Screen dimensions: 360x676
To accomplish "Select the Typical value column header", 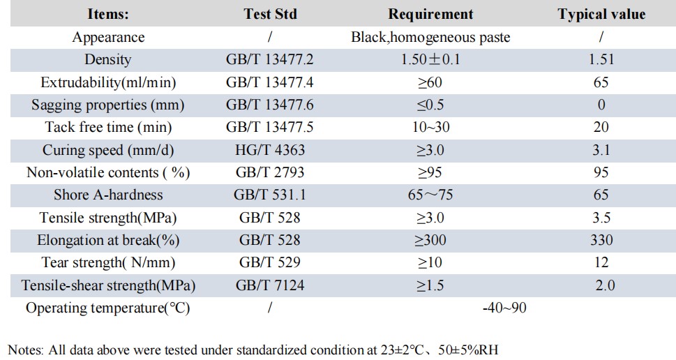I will [601, 14].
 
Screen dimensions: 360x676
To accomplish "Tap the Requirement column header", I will [430, 14].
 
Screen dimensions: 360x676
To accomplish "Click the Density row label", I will [107, 60].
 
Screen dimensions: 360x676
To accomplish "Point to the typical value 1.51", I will [601, 60].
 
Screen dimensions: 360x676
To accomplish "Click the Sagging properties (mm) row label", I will [107, 105].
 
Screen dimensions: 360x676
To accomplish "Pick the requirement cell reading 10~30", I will [430, 128].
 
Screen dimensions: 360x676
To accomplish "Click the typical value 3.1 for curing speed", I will [601, 150].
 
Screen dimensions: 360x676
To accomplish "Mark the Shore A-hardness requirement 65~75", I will [430, 195].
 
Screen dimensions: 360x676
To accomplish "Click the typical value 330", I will [601, 240].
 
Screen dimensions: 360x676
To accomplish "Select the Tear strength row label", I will [107, 263].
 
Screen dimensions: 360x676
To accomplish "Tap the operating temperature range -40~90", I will [504, 308].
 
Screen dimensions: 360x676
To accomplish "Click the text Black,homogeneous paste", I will [430, 38].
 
